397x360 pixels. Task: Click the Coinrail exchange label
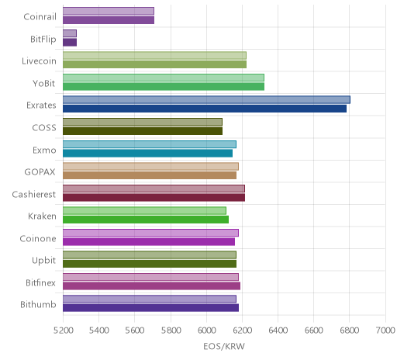pyautogui.click(x=40, y=17)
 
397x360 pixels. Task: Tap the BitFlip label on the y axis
pyautogui.click(x=43, y=40)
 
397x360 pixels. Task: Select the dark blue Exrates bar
pyautogui.click(x=205, y=109)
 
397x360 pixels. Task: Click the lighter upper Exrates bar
pyautogui.click(x=206, y=99)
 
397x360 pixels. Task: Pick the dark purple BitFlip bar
pyautogui.click(x=70, y=43)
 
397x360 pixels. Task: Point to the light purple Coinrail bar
pyautogui.click(x=109, y=11)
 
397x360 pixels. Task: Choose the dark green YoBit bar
pyautogui.click(x=164, y=87)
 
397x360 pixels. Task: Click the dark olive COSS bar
pyautogui.click(x=143, y=131)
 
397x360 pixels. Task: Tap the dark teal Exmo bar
pyautogui.click(x=147, y=154)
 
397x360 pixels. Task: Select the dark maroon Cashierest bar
pyautogui.click(x=154, y=198)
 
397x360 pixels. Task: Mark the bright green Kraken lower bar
pyautogui.click(x=146, y=220)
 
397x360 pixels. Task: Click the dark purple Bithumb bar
pyautogui.click(x=150, y=308)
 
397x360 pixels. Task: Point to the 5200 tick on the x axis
pyautogui.click(x=63, y=331)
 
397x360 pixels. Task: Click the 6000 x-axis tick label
pyautogui.click(x=206, y=331)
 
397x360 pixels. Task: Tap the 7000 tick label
pyautogui.click(x=385, y=331)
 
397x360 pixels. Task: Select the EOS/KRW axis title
pyautogui.click(x=224, y=346)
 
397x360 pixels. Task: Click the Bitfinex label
pyautogui.click(x=40, y=282)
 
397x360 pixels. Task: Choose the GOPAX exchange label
pyautogui.click(x=40, y=172)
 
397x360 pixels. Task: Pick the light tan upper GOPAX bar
pyautogui.click(x=150, y=166)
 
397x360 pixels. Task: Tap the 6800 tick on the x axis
pyautogui.click(x=349, y=331)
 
